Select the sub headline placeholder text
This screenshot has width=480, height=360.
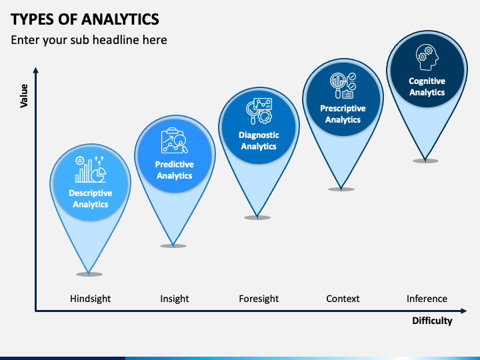[x=89, y=40]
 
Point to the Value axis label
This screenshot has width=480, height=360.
[x=24, y=96]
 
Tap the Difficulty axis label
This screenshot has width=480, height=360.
[x=431, y=321]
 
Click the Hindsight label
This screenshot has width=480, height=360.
[x=90, y=299]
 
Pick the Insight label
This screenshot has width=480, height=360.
[x=175, y=299]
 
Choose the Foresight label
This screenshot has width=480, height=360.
[x=259, y=299]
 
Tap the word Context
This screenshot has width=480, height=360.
[x=343, y=299]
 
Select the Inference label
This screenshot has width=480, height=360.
[x=427, y=299]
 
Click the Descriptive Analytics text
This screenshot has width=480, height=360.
[x=90, y=199]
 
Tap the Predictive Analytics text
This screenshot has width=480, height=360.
[x=175, y=170]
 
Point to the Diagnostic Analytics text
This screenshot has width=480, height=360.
[x=259, y=141]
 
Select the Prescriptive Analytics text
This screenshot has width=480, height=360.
[x=343, y=114]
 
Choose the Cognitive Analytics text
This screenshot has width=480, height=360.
[x=427, y=87]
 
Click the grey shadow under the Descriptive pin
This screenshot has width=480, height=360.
[x=89, y=274]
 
